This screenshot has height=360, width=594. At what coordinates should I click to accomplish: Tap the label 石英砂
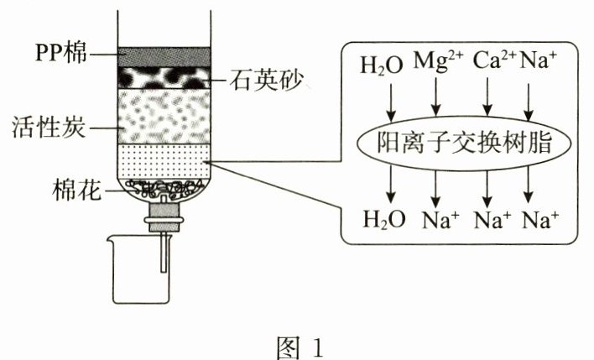tap(268, 81)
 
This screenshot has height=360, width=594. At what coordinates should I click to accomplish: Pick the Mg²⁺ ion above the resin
tap(435, 62)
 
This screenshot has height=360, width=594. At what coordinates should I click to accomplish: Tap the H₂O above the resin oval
tap(383, 65)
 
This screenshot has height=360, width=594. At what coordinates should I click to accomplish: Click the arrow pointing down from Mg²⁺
tap(435, 98)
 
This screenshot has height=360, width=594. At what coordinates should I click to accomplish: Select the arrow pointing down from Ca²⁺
tap(487, 98)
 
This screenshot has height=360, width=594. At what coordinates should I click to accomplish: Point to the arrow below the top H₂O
tap(389, 98)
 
